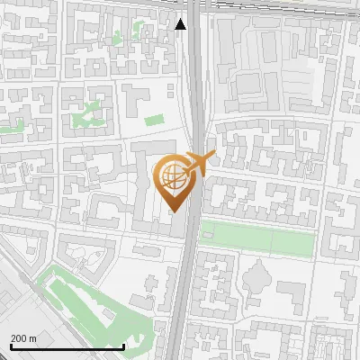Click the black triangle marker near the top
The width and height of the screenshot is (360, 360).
[181, 23]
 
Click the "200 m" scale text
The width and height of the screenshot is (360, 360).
[23, 338]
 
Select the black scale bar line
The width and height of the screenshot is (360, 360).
[67, 346]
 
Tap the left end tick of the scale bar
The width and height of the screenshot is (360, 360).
[11, 345]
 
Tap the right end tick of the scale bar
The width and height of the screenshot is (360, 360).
[123, 345]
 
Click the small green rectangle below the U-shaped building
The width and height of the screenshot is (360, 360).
[154, 120]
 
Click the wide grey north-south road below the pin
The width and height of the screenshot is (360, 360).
[185, 288]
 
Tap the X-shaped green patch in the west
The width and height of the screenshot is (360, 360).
[87, 114]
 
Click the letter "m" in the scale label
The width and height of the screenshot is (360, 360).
[32, 338]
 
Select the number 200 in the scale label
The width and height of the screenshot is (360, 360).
[19, 338]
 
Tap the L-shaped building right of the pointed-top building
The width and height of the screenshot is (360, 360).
[292, 292]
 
